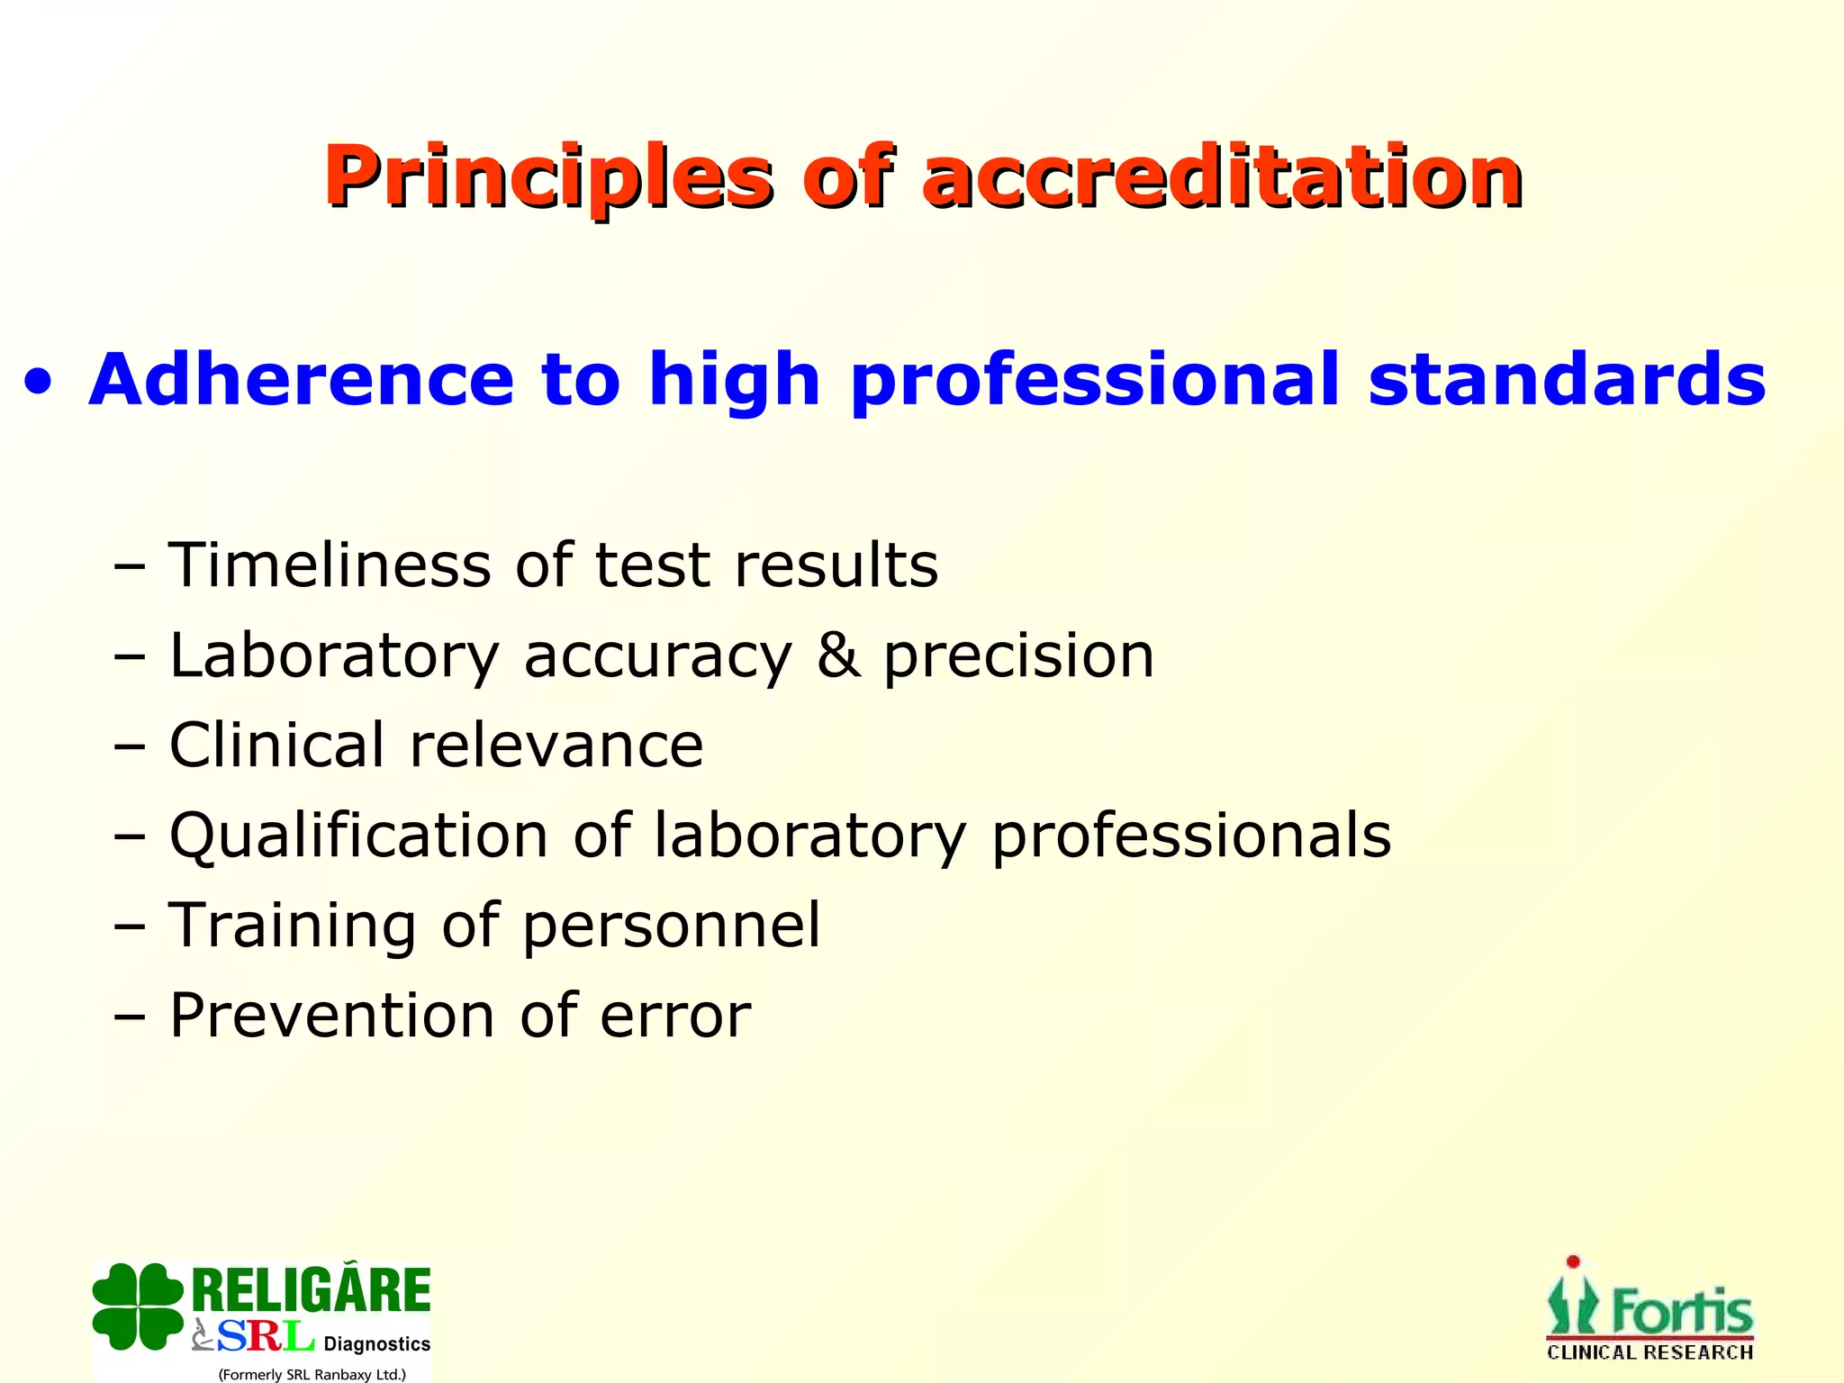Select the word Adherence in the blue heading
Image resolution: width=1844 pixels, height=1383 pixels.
click(x=301, y=380)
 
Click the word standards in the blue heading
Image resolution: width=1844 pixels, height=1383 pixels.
click(x=1567, y=380)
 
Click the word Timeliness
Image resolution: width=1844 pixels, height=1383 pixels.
click(x=330, y=565)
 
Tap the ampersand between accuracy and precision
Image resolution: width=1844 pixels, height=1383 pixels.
click(x=837, y=655)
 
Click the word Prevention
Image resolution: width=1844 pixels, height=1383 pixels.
click(x=332, y=1016)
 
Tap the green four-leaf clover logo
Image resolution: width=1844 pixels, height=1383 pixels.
click(x=137, y=1306)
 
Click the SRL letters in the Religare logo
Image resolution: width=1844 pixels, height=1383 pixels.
click(x=265, y=1337)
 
